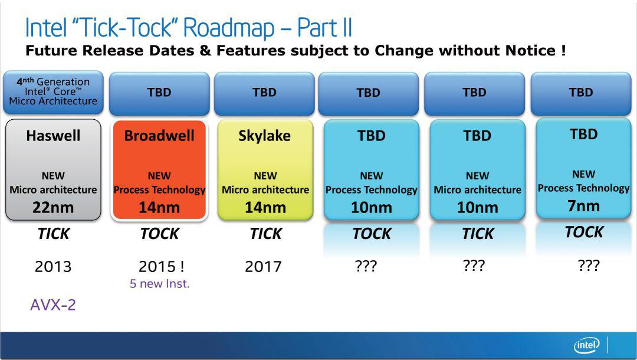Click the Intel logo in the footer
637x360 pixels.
pos(587,345)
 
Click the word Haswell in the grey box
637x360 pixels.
pos(53,135)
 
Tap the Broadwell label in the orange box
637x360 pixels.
pos(159,135)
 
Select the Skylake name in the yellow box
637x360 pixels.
pos(264,136)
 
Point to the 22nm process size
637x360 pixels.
pos(53,207)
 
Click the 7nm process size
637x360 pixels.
pos(583,205)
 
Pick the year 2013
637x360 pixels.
pos(53,267)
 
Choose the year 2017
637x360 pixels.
pos(263,267)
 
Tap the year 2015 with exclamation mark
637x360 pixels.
pos(161,267)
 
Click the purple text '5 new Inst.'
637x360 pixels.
pos(160,284)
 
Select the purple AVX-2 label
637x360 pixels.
pos(53,305)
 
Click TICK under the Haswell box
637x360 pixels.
pos(54,234)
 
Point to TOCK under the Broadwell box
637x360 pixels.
pos(160,234)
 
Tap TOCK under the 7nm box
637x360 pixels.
pos(584,232)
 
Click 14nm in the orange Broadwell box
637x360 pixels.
pos(159,207)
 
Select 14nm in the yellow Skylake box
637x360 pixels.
pos(265,207)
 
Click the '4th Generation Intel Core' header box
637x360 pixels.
pos(53,92)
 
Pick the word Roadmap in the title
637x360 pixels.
pos(229,28)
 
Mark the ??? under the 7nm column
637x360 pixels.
pos(588,266)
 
